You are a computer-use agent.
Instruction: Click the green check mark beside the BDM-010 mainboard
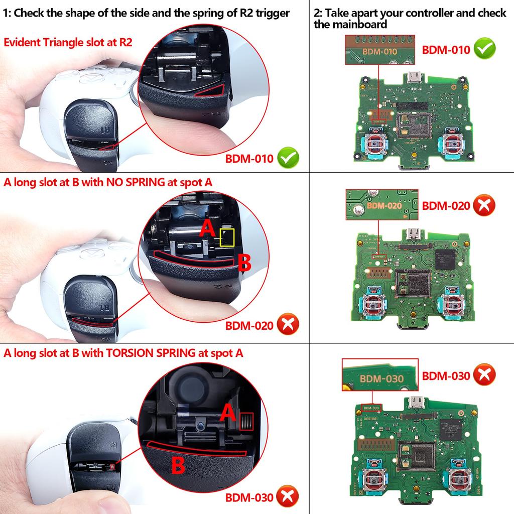[x=484, y=49]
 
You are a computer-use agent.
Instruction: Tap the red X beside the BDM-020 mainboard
[x=484, y=205]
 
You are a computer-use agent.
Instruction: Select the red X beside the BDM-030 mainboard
[x=484, y=375]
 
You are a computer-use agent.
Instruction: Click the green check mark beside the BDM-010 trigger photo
[x=288, y=159]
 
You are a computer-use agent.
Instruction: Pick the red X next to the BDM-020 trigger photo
[x=288, y=325]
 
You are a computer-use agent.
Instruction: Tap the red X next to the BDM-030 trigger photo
[x=288, y=497]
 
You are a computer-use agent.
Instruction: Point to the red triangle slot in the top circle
[x=211, y=90]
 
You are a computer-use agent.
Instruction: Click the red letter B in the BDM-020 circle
[x=244, y=262]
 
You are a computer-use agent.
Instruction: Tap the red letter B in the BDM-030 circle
[x=178, y=465]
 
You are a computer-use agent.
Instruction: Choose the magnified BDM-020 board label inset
[x=381, y=205]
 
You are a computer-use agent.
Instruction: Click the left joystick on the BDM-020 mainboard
[x=373, y=303]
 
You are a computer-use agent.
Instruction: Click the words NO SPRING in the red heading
[x=135, y=182]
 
